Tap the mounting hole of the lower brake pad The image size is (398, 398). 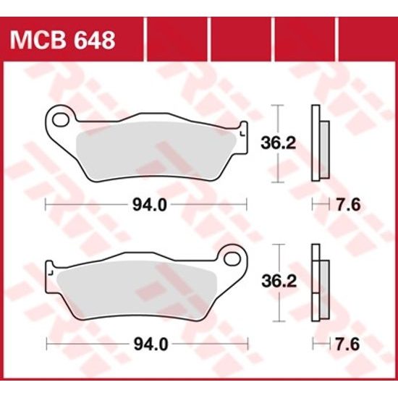(233, 255)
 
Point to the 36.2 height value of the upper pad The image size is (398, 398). (277, 144)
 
